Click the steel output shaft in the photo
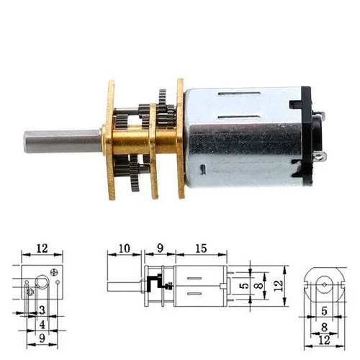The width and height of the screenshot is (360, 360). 63,142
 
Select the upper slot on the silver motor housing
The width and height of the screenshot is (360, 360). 239,94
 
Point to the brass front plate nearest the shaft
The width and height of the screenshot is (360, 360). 111,140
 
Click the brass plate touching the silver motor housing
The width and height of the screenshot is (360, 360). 181,138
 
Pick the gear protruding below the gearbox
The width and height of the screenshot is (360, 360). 135,176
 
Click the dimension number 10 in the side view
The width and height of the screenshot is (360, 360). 125,248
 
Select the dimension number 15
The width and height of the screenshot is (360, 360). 201,248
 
